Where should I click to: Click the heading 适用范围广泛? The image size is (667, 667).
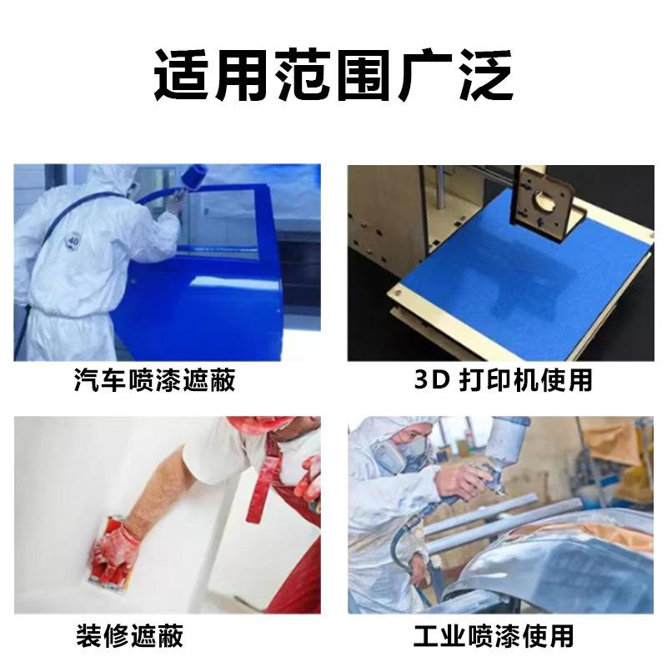(333, 75)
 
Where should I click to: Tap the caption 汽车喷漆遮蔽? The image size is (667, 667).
(154, 380)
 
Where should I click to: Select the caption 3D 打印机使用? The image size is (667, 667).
(504, 380)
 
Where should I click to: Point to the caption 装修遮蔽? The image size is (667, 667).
(130, 635)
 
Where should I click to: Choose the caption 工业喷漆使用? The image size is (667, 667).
(494, 635)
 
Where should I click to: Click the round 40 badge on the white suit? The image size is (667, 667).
(73, 242)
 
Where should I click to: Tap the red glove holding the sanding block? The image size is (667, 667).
(116, 548)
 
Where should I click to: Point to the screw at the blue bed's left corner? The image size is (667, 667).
(399, 293)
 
